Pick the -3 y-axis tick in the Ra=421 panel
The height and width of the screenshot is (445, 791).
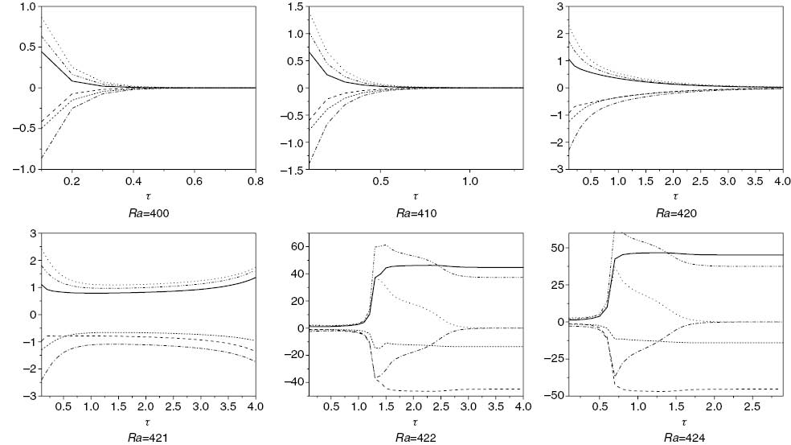click(x=27, y=396)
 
